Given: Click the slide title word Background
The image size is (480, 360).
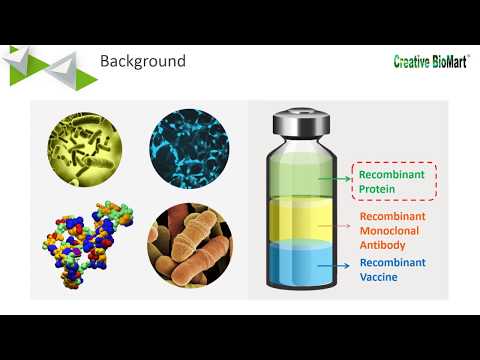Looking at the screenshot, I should (x=143, y=62).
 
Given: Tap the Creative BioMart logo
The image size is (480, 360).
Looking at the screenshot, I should (x=432, y=62).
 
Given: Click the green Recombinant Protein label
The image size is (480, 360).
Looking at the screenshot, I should (x=394, y=182).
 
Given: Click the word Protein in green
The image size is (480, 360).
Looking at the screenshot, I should (x=380, y=190).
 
